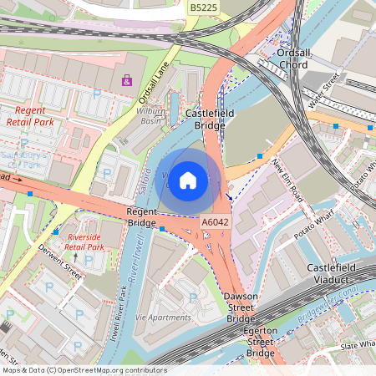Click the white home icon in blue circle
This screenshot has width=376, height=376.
click(188, 180)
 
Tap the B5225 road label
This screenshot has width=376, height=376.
click(203, 8)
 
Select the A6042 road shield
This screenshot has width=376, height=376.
click(215, 222)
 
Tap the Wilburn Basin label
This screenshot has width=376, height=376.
click(149, 115)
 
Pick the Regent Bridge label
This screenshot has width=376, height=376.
click(141, 218)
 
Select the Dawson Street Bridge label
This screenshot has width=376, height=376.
click(242, 307)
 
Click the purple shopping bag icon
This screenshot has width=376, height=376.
click(126, 81)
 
